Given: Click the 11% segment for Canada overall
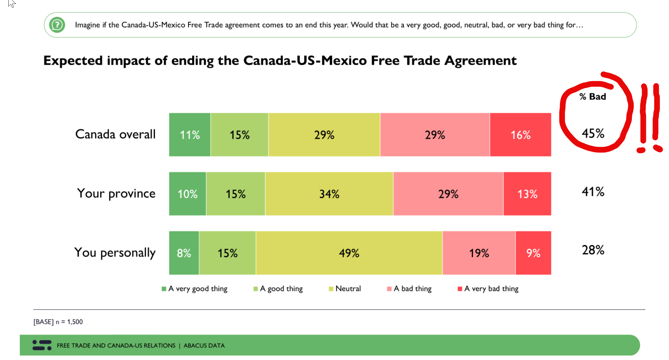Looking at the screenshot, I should (190, 135).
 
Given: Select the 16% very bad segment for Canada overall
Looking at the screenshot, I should (520, 135).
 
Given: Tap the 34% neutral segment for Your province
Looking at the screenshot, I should (329, 194).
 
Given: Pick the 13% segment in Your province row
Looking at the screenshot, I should (527, 194).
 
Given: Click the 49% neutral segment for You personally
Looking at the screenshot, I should (349, 253).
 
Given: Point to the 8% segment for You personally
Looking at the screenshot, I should (184, 253).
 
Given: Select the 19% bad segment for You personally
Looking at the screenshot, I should (479, 253).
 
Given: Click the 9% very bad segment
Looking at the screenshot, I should (533, 253).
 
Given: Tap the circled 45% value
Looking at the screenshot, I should (593, 133).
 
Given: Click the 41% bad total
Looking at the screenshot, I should (593, 192).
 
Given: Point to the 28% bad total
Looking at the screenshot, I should (593, 250).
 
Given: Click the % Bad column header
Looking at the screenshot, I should (593, 96).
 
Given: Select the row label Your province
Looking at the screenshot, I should (116, 193).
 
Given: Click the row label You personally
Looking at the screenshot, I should (115, 252).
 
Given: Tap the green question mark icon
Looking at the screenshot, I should (57, 25).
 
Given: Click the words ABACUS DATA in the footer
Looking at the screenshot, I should (204, 345).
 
